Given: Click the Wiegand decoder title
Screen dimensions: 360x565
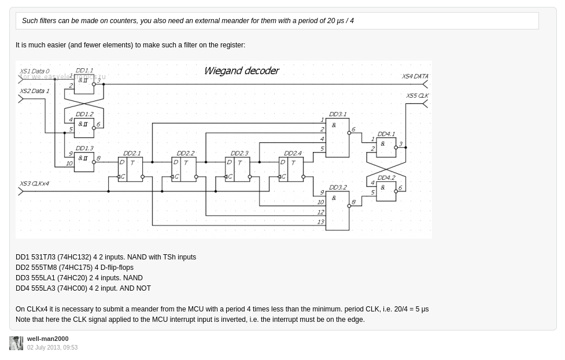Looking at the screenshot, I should pyautogui.click(x=242, y=71).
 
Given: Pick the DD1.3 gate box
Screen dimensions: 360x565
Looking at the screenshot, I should pyautogui.click(x=84, y=162).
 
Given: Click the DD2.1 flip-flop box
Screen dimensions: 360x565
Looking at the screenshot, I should pyautogui.click(x=131, y=169).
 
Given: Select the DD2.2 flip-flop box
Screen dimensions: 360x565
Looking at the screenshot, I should pyautogui.click(x=184, y=169).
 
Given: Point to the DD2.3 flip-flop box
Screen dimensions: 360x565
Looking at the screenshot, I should pyautogui.click(x=238, y=169).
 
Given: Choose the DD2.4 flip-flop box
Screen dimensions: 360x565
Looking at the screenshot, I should pyautogui.click(x=291, y=169).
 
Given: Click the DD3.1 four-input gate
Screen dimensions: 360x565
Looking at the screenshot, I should pyautogui.click(x=337, y=137).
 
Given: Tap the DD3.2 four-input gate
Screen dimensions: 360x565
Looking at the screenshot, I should pyautogui.click(x=337, y=209).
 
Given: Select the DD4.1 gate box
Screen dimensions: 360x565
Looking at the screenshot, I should pyautogui.click(x=386, y=147).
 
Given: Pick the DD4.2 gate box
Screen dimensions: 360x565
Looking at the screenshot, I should pyautogui.click(x=386, y=191).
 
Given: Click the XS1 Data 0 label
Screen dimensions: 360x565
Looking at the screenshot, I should pyautogui.click(x=35, y=72).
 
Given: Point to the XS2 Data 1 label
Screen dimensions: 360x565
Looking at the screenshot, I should pyautogui.click(x=35, y=91).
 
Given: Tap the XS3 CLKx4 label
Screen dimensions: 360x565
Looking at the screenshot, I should pyautogui.click(x=35, y=184).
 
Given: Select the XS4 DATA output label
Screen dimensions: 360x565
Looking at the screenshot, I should pyautogui.click(x=415, y=76).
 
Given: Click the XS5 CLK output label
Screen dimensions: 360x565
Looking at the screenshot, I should pyautogui.click(x=417, y=96).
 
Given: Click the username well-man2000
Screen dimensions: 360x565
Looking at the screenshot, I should pyautogui.click(x=47, y=339).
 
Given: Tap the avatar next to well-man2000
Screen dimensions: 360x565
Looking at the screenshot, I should pyautogui.click(x=16, y=343).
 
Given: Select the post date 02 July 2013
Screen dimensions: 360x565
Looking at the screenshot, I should pyautogui.click(x=52, y=348).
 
